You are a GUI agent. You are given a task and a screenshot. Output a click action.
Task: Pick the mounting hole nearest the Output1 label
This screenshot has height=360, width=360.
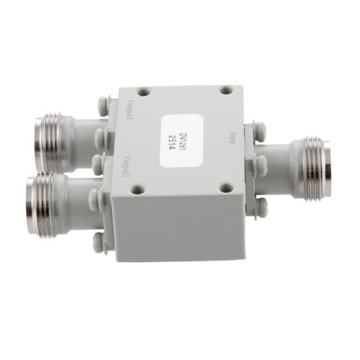click(143, 93)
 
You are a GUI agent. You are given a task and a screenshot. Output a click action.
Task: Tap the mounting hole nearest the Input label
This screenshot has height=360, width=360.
click(225, 91)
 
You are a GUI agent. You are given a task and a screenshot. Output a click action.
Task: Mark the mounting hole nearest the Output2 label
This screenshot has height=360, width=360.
click(135, 192)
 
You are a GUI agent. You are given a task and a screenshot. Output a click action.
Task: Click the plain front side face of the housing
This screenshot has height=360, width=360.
click(180, 230)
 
